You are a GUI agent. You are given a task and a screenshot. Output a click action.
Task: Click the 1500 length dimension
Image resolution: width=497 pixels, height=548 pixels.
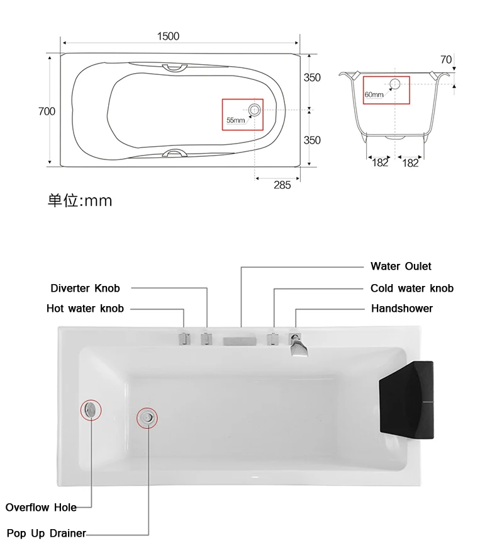pyautogui.click(x=168, y=37)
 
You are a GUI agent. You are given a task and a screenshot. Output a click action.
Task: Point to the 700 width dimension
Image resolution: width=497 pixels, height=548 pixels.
pyautogui.click(x=47, y=111)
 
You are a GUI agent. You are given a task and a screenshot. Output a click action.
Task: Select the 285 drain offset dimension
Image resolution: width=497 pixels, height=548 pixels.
pyautogui.click(x=282, y=185)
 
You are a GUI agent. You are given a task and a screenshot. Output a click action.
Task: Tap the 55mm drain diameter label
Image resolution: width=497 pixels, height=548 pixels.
pyautogui.click(x=235, y=120)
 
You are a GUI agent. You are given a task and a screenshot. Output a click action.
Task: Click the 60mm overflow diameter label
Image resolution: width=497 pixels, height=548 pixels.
pyautogui.click(x=374, y=94)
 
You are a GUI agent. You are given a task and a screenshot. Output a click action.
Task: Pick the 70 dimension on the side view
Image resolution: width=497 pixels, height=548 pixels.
pyautogui.click(x=446, y=60)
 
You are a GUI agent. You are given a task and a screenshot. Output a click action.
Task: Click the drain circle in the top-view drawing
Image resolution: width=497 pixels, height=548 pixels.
pyautogui.click(x=254, y=110)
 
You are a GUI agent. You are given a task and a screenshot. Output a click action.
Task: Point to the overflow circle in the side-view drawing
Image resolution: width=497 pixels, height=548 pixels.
pyautogui.click(x=394, y=84)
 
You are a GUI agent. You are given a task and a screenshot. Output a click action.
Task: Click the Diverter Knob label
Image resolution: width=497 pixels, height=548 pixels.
pyautogui.click(x=85, y=288)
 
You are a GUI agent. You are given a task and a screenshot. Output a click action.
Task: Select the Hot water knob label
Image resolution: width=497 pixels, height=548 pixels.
pyautogui.click(x=85, y=309)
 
